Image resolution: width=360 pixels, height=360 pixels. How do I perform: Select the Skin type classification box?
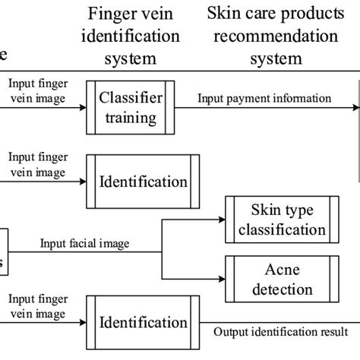(276, 219)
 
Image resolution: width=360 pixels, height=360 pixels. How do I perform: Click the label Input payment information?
(264, 98)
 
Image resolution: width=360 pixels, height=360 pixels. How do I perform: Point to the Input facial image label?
(84, 243)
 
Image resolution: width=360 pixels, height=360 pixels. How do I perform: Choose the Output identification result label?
(281, 332)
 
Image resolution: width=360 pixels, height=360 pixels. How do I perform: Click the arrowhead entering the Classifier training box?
(83, 108)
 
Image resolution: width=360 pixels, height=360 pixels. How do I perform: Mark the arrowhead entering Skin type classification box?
(222, 219)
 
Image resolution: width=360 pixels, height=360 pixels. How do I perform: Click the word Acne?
(277, 268)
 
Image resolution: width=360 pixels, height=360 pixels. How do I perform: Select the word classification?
(277, 229)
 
